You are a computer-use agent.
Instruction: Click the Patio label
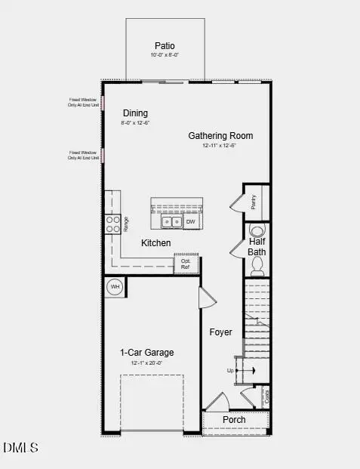coord(165,45)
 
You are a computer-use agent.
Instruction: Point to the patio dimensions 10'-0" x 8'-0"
coord(165,55)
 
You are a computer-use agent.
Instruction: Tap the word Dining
coord(135,113)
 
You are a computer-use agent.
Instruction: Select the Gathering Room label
coord(220,136)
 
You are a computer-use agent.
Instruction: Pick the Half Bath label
coord(257,246)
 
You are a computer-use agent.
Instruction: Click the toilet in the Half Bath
coord(257,264)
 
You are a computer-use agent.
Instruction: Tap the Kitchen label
coord(156,243)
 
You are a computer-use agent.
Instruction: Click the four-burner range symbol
coord(112,224)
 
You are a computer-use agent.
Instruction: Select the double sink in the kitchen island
coord(171,222)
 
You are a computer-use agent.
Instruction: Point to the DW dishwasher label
coord(190,222)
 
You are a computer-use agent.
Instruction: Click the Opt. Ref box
coord(186,264)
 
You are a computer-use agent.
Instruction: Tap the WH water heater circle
coord(115,287)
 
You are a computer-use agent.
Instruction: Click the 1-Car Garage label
coord(146,352)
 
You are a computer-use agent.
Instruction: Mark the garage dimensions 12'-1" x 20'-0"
coord(146,363)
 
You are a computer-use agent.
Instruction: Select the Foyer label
coord(220,332)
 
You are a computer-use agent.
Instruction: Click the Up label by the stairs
coord(231,371)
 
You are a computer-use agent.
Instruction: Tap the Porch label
coord(234,420)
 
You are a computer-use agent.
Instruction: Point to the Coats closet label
coord(266,396)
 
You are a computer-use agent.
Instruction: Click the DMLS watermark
coord(20,448)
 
